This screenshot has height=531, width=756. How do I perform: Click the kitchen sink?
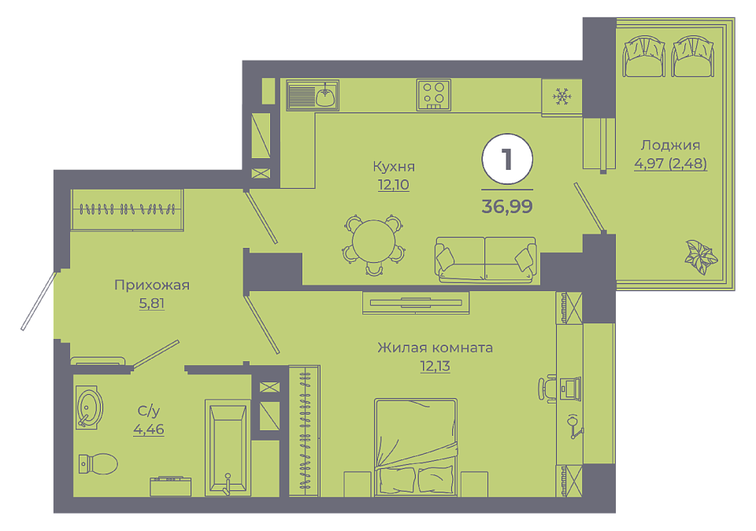click(x=313, y=95)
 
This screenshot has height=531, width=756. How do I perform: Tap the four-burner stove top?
click(x=433, y=94)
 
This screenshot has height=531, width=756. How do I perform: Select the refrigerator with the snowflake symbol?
click(x=561, y=98)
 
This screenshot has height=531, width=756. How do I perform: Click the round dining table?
click(x=373, y=242)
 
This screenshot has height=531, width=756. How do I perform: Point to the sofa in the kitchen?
click(x=486, y=259)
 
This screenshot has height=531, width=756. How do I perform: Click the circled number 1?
click(x=506, y=159)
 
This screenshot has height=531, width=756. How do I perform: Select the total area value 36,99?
click(x=506, y=206)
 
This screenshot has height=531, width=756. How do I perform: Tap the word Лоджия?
click(x=670, y=145)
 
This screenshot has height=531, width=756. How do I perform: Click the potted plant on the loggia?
click(x=702, y=256)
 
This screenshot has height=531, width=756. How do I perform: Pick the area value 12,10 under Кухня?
click(x=394, y=185)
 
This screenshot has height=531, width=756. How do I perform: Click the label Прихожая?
click(x=152, y=286)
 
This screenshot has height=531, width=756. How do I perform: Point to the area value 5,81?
click(x=152, y=304)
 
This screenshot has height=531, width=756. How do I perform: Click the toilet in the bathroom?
click(x=98, y=463)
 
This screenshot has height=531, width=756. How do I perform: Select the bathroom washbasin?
click(x=89, y=407)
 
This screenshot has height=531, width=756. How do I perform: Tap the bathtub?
click(x=228, y=447)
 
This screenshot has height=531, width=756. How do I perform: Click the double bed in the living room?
click(x=415, y=447)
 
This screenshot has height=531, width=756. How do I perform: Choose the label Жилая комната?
click(x=435, y=348)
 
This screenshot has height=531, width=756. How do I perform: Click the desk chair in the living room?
click(x=547, y=389)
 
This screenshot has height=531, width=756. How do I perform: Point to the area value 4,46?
click(x=149, y=429)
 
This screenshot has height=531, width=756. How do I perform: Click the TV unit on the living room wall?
click(x=416, y=303)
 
